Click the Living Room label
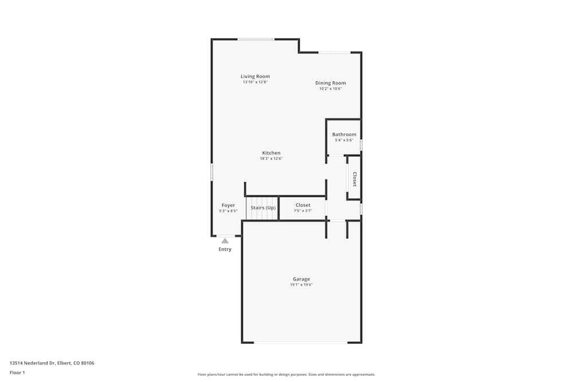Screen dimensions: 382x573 [x=255, y=76]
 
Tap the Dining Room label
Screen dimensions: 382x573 [x=331, y=83]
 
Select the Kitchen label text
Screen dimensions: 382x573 [x=271, y=153]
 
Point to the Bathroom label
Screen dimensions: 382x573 [x=344, y=135]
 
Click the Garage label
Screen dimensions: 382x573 [x=301, y=279]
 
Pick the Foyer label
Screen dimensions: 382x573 [x=228, y=205]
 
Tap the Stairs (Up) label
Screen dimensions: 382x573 [x=263, y=207]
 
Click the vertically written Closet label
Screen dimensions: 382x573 [x=355, y=179]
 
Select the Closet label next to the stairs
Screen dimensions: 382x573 [x=303, y=205]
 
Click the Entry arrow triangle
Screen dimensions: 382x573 [x=225, y=241]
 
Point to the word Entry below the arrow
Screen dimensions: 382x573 [x=225, y=249]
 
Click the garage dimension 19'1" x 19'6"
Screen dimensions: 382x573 [x=301, y=285]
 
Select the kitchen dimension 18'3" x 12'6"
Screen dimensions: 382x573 [x=271, y=159]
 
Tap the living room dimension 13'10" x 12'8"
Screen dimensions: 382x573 [x=255, y=82]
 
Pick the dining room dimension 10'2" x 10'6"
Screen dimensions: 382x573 [x=331, y=89]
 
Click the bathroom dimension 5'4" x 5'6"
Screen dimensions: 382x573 [x=344, y=140]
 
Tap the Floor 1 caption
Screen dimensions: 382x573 [x=17, y=372]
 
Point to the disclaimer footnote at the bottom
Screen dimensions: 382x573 [x=286, y=374]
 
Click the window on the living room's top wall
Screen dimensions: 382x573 [x=256, y=39]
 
